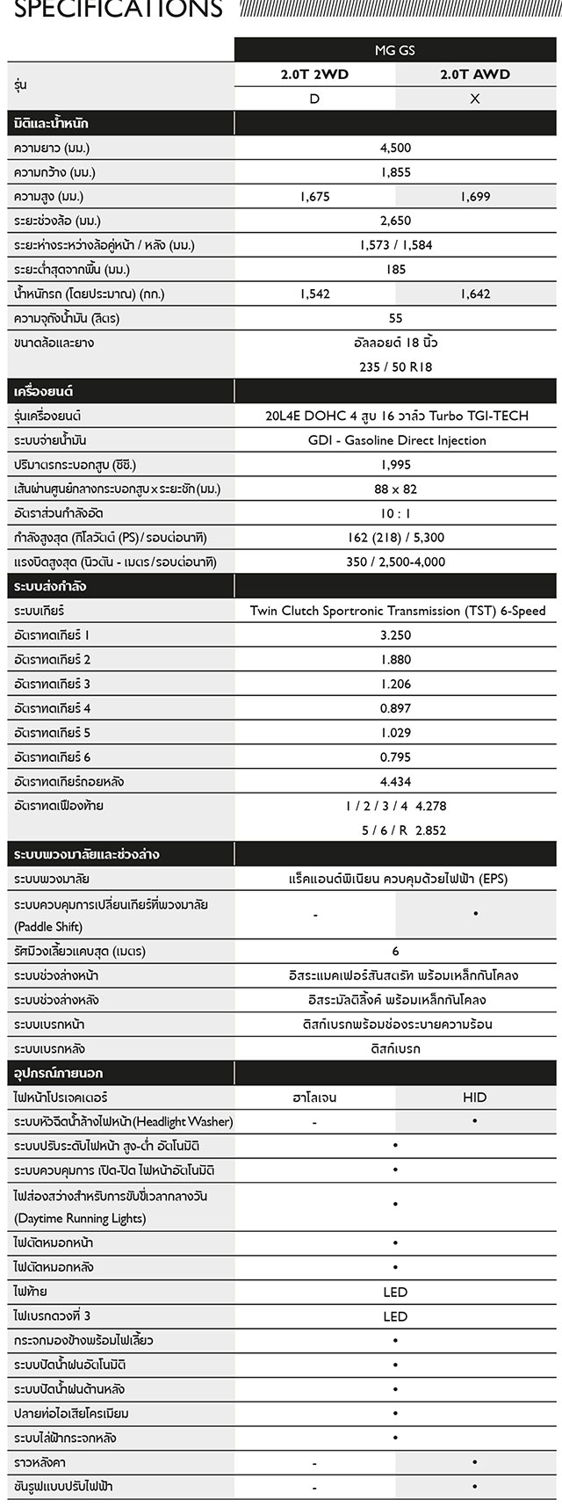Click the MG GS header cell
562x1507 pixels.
click(395, 50)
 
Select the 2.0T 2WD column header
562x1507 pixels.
click(314, 75)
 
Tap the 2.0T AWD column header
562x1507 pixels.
click(475, 75)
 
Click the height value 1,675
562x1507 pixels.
click(314, 197)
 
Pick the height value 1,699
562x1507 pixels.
click(475, 197)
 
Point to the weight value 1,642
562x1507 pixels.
click(475, 293)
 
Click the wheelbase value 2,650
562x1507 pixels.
click(395, 221)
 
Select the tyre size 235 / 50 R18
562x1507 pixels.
click(395, 366)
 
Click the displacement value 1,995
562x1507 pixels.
click(395, 464)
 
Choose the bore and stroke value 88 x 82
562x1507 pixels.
click(395, 489)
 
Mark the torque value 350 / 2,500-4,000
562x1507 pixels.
click(395, 562)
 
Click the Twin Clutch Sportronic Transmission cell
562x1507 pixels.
click(397, 611)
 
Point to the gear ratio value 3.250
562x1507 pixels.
click(395, 634)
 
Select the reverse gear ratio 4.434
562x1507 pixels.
click(395, 781)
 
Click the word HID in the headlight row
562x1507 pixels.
click(475, 1098)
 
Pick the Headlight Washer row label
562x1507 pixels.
click(123, 1122)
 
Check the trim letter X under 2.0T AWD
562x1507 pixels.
click(475, 98)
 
